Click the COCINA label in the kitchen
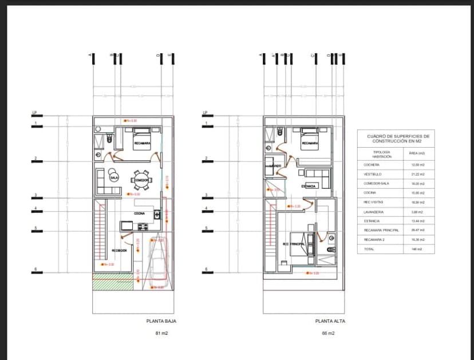click(139, 213)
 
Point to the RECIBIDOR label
click(119, 250)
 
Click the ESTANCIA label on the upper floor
click(309, 186)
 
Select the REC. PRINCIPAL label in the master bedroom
click(294, 245)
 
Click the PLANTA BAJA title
click(161, 321)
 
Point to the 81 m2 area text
click(161, 333)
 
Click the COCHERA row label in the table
click(372, 164)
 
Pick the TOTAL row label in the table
click(369, 249)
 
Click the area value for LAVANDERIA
click(417, 211)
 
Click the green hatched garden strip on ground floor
click(112, 282)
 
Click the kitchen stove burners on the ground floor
click(125, 226)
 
